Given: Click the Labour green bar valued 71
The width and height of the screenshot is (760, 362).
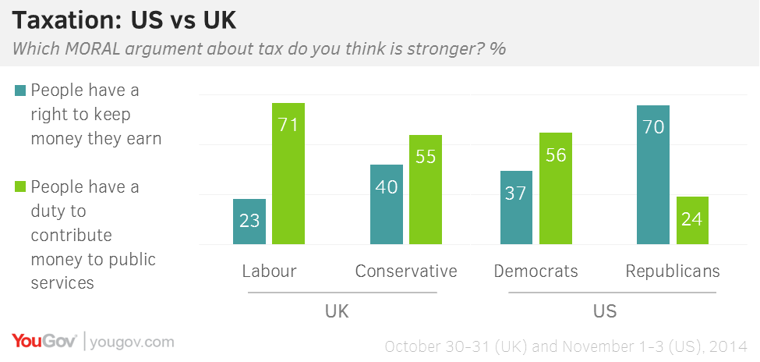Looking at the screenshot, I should click(288, 173).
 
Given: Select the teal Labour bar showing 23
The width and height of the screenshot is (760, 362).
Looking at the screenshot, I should click(249, 222).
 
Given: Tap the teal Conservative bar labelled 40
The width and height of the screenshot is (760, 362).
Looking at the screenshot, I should click(387, 204).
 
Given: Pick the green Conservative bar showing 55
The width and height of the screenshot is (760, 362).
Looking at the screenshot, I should click(425, 190).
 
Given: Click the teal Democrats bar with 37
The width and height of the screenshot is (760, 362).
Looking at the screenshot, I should click(516, 208).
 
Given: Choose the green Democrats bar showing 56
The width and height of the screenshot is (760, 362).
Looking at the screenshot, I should click(555, 189).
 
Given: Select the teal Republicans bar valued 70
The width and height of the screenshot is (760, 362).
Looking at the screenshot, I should click(653, 175).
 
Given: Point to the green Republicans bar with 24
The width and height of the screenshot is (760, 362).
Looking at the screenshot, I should click(691, 221).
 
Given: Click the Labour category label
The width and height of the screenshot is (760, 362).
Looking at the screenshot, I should click(269, 271).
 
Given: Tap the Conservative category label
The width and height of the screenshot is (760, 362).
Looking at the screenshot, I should click(405, 271).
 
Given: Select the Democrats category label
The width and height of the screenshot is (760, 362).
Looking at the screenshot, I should click(536, 271).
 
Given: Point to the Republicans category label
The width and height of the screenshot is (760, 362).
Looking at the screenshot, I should click(673, 271).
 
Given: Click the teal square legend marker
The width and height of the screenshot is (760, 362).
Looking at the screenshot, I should click(20, 90).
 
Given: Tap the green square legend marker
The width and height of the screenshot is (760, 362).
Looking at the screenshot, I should click(20, 187).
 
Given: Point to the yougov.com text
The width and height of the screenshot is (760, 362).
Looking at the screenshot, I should click(133, 342).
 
